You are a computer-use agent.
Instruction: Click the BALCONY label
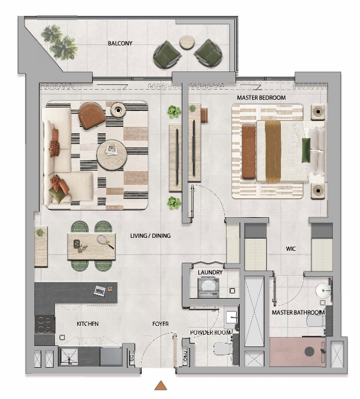(120, 43)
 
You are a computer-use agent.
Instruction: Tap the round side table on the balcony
(187, 42)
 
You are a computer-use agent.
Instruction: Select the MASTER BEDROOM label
(261, 98)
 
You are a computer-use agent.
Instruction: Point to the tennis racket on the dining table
(105, 241)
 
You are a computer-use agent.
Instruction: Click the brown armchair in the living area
(91, 116)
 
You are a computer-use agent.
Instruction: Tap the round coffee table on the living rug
(112, 155)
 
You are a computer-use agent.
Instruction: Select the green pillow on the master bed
(306, 150)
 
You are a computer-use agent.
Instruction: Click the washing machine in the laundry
(208, 287)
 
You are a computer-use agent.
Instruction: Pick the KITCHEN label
(87, 324)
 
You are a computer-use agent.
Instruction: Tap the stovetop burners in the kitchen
(45, 325)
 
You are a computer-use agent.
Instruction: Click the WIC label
(291, 249)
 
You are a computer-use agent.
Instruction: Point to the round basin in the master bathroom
(323, 290)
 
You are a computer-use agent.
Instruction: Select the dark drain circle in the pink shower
(309, 352)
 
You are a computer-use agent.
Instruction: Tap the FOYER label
(161, 324)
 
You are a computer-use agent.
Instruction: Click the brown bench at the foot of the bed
(248, 152)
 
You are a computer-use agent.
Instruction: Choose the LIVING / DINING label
(150, 236)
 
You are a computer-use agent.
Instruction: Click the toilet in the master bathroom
(316, 322)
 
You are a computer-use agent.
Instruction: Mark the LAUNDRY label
(210, 273)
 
